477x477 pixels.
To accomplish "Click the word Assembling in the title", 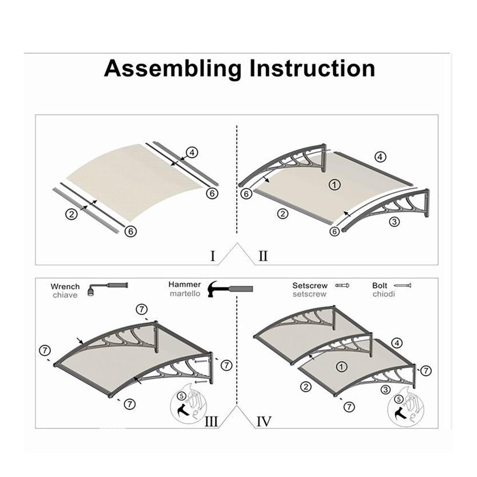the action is [x=173, y=69].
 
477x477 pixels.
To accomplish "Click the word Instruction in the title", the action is [x=312, y=68].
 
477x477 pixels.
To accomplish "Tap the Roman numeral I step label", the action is [x=213, y=256].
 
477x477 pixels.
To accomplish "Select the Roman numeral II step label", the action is [x=263, y=256].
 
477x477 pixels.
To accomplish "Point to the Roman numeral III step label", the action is [x=211, y=422].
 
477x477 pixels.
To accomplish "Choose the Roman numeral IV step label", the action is [x=264, y=422].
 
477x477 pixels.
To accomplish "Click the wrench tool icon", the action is [x=107, y=289].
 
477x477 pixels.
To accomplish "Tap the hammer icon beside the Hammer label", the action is [x=230, y=289].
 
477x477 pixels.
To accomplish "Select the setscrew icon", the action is [x=342, y=286].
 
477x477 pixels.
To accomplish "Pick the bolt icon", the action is [x=402, y=286].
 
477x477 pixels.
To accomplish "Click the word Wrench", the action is [x=65, y=287].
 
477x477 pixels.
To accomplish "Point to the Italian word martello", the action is [x=185, y=294].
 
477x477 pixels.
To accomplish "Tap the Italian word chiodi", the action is [x=384, y=294].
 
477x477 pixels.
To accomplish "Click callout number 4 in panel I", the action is [x=192, y=153].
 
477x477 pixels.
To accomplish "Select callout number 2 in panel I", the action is [x=72, y=214].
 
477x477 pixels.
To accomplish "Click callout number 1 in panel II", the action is [x=335, y=185].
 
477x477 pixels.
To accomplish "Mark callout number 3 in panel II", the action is [x=394, y=222].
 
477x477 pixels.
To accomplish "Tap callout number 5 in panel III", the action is [x=182, y=396].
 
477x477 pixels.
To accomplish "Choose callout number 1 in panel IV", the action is [x=342, y=366].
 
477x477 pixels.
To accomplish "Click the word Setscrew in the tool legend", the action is [x=310, y=286].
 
